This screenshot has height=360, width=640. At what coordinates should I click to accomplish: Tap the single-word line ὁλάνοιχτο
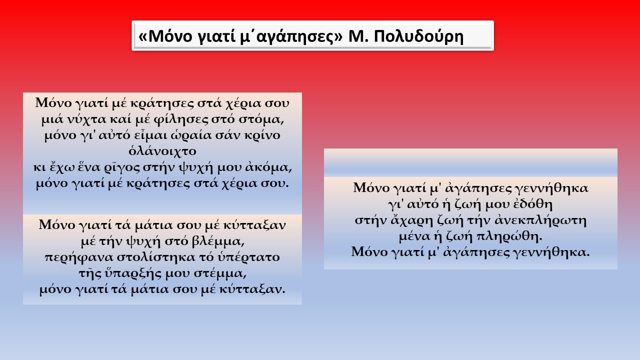[x=162, y=151]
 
